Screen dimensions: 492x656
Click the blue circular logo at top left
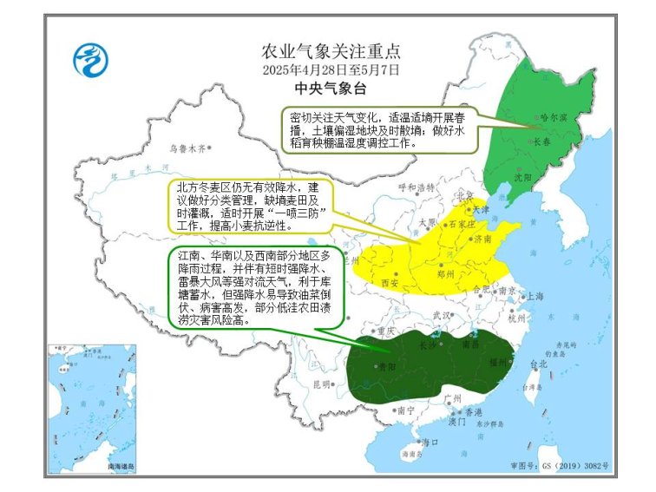coord(89,61)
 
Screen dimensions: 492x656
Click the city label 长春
coord(541,141)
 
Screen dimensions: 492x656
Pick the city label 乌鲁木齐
coord(188,148)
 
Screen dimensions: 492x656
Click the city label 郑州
coord(447,272)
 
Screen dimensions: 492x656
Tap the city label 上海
coord(535,296)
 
